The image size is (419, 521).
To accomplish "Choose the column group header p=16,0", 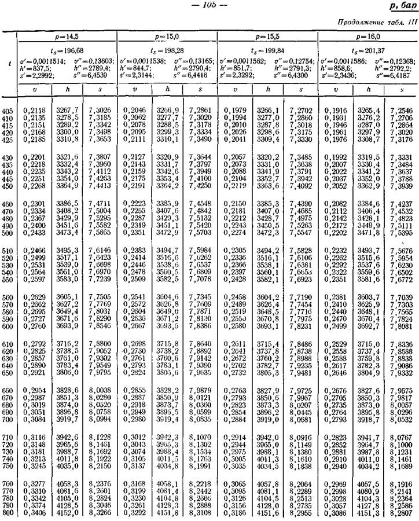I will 368,36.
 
